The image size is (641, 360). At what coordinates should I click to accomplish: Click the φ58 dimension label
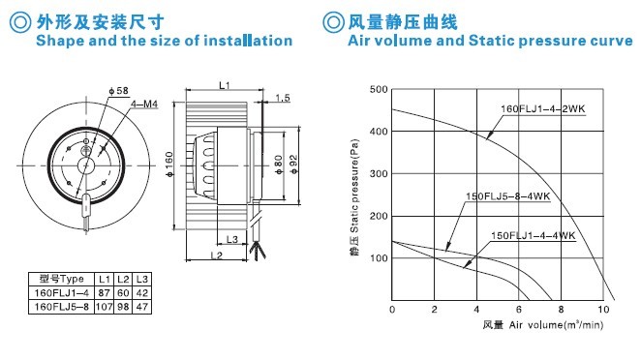pyautogui.click(x=119, y=91)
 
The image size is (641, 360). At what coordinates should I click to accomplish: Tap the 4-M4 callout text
pyautogui.click(x=144, y=105)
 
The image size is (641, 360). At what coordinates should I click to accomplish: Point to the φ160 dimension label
pyautogui.click(x=169, y=165)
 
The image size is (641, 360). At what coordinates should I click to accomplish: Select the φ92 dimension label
pyautogui.click(x=293, y=165)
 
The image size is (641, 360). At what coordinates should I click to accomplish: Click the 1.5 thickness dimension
pyautogui.click(x=283, y=98)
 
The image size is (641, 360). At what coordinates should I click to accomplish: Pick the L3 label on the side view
pyautogui.click(x=231, y=239)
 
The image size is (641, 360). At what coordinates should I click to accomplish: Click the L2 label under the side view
pyautogui.click(x=217, y=255)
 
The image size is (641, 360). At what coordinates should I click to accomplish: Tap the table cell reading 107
pyautogui.click(x=105, y=307)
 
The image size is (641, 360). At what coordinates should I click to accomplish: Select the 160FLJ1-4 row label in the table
pyautogui.click(x=61, y=293)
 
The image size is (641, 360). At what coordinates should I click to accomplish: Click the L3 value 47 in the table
pyautogui.click(x=142, y=307)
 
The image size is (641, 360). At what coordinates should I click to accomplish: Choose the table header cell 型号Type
pyautogui.click(x=61, y=279)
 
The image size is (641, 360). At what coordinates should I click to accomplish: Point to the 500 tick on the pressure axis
pyautogui.click(x=379, y=89)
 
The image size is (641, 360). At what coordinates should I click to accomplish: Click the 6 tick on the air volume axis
pyautogui.click(x=519, y=310)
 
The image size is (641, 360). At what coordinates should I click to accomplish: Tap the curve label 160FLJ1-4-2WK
pyautogui.click(x=543, y=109)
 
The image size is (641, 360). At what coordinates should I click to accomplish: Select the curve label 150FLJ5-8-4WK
pyautogui.click(x=508, y=196)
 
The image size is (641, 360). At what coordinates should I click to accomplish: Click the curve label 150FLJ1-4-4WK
pyautogui.click(x=534, y=236)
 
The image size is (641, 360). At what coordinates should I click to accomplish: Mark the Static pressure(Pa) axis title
pyautogui.click(x=354, y=186)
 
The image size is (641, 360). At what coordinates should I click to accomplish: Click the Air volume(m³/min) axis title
pyautogui.click(x=556, y=325)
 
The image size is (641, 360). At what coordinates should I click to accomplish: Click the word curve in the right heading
pyautogui.click(x=612, y=41)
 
